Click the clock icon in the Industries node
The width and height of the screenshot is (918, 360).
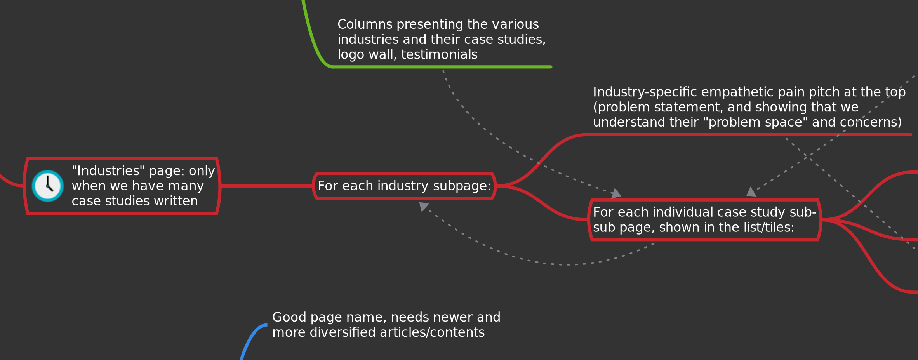[47, 186]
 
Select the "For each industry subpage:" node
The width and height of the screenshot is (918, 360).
[404, 186]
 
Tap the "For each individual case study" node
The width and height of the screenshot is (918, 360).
[704, 220]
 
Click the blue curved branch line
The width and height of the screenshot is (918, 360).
[251, 337]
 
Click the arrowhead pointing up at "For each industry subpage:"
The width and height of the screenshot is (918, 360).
[423, 206]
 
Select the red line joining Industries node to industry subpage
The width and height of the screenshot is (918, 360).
[266, 186]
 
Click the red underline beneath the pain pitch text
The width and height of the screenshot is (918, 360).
[749, 135]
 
